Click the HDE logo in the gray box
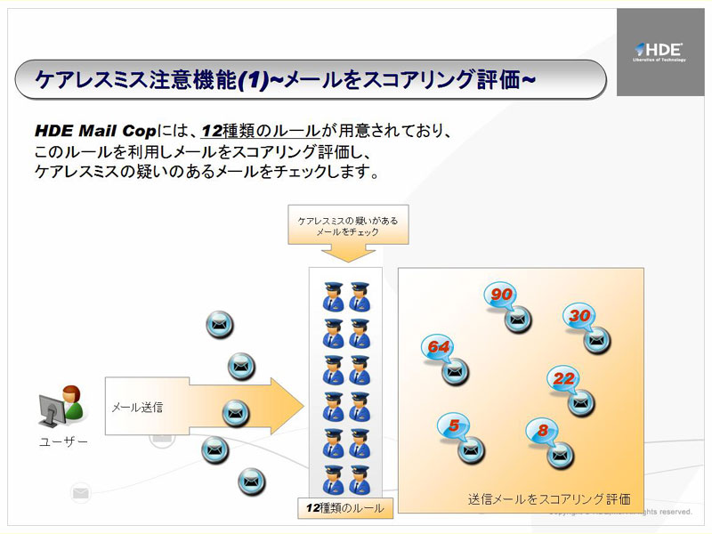click(x=659, y=51)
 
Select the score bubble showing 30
click(x=579, y=316)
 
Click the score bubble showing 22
click(x=563, y=378)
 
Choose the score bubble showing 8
click(x=542, y=431)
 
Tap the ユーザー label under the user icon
click(x=63, y=442)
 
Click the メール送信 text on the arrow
click(x=137, y=408)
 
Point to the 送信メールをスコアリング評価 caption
click(x=549, y=499)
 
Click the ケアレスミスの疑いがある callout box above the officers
click(x=348, y=225)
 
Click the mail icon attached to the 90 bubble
click(x=518, y=319)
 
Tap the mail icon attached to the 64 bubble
click(x=455, y=370)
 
